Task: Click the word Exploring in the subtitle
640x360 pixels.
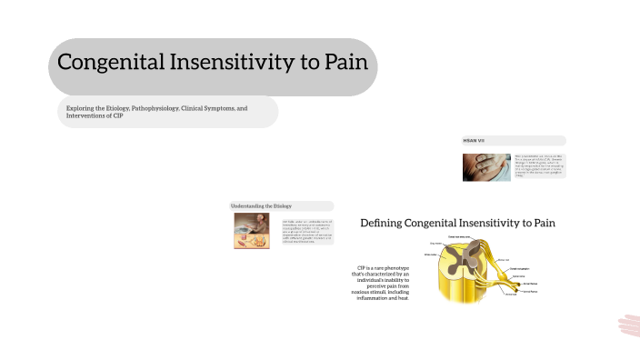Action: click(81, 107)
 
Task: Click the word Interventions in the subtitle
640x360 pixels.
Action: click(85, 116)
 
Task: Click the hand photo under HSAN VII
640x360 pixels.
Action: click(485, 166)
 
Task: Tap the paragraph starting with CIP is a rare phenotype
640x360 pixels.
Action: click(383, 283)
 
